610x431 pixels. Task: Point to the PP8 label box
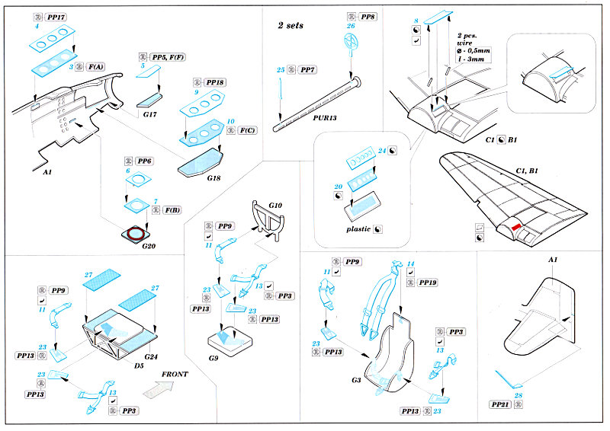pos(368,16)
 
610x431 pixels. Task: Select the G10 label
pos(275,206)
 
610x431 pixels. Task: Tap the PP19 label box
pos(429,283)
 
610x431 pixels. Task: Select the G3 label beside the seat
pos(356,380)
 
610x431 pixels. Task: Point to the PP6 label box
pos(144,162)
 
